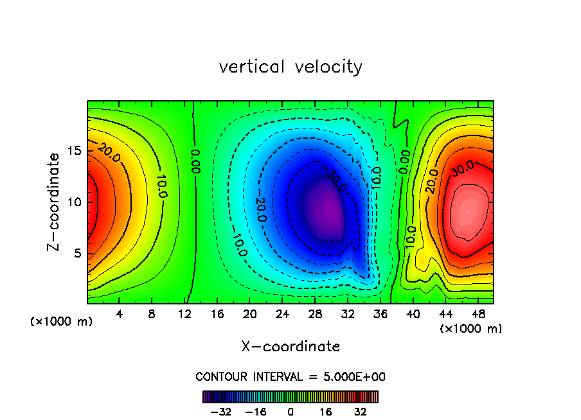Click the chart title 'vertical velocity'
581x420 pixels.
coord(290,67)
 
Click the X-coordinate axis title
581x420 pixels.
coord(290,347)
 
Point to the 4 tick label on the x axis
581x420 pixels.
coord(119,315)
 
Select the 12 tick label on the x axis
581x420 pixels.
coord(184,315)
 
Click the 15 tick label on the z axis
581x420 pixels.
coord(75,151)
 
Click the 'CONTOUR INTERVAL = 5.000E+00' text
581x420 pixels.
coord(290,376)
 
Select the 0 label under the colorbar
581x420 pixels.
coord(290,412)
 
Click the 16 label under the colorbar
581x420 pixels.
coord(326,412)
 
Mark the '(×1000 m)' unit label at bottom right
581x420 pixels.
coord(471,329)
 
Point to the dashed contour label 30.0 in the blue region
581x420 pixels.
coord(335,182)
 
